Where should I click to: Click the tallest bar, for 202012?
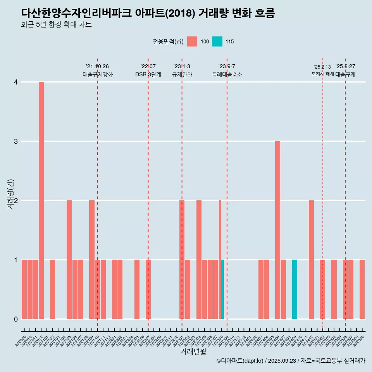tap(41, 200)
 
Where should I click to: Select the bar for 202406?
tap(278, 230)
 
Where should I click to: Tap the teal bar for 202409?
tap(294, 289)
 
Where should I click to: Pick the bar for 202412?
tap(312, 260)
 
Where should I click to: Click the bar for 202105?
tap(69, 260)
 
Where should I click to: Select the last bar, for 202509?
tap(362, 289)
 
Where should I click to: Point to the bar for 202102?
tap(52, 289)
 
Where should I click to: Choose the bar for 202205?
tap(137, 289)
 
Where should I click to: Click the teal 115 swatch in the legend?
tap(217, 41)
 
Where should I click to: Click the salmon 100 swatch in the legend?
tap(192, 41)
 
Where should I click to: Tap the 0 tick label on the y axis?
tap(16, 319)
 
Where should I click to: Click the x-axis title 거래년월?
tap(193, 352)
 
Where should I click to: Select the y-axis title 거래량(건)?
tap(11, 194)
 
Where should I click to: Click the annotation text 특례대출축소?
tap(227, 74)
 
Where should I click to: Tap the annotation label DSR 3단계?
tap(148, 74)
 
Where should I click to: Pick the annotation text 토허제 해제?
tap(322, 74)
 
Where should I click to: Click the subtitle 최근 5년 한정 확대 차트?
tap(57, 25)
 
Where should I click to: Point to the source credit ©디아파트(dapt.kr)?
tap(240, 361)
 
